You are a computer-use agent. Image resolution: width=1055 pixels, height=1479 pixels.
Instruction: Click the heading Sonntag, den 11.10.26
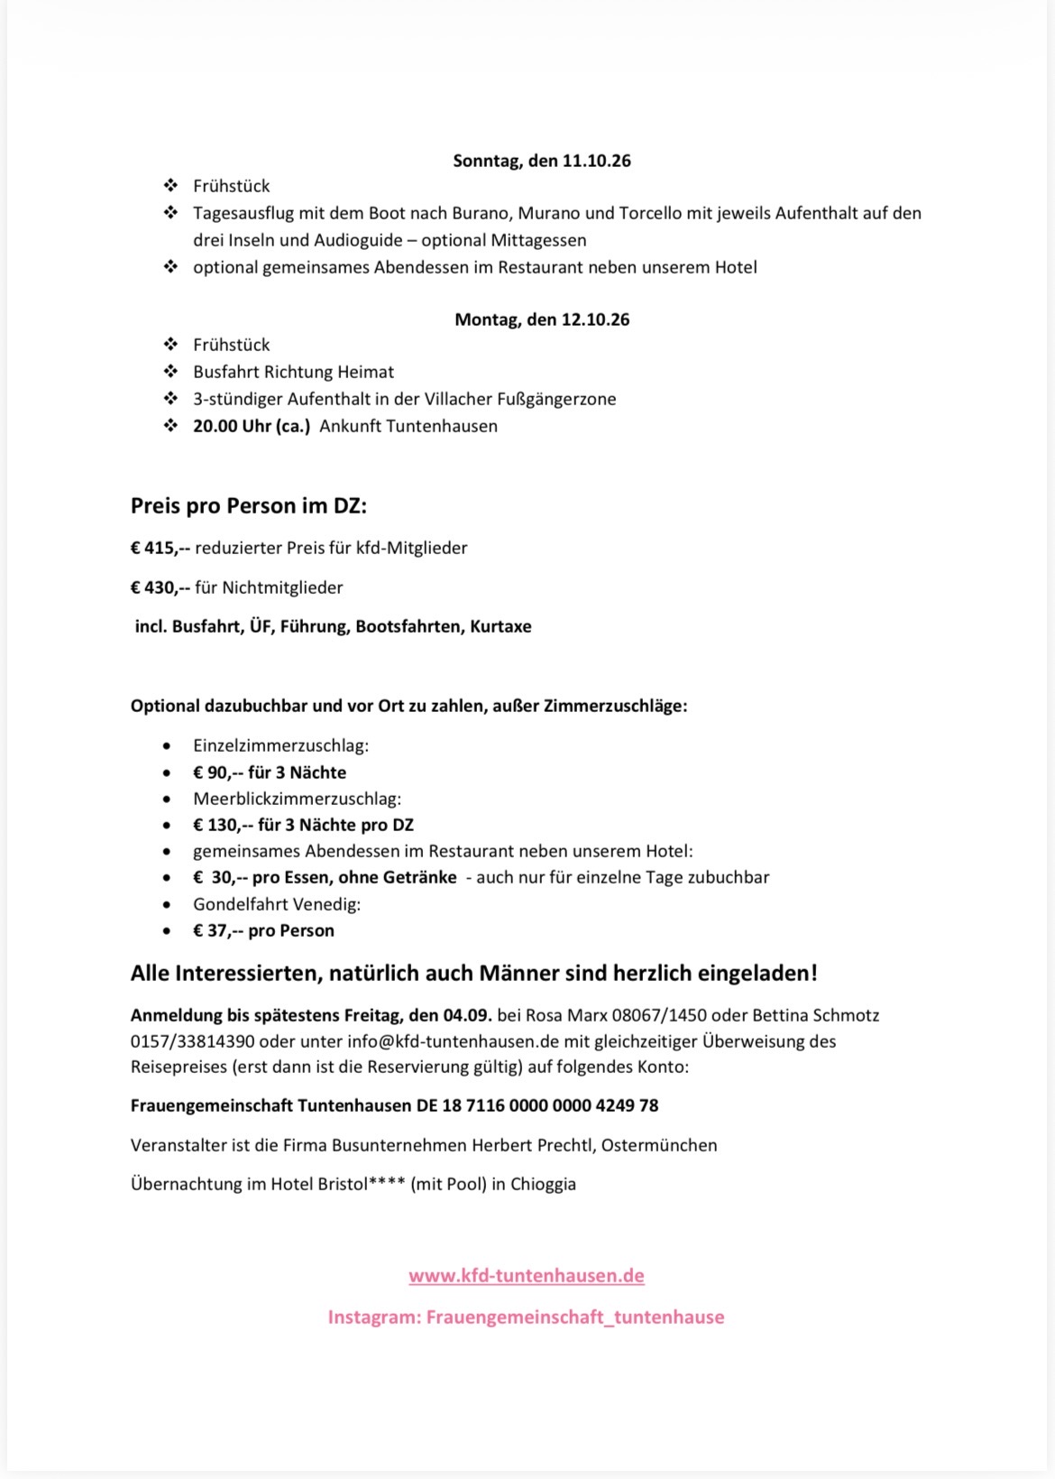click(x=541, y=161)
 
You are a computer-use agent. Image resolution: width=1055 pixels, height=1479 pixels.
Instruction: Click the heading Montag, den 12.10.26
click(x=541, y=319)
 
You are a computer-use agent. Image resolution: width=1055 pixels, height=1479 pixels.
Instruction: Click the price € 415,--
click(x=160, y=548)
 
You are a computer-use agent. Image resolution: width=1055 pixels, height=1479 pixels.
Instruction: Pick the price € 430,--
click(x=160, y=587)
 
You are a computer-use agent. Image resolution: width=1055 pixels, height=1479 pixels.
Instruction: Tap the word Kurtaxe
click(x=500, y=626)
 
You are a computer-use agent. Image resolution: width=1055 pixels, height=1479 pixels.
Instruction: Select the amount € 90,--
click(x=216, y=772)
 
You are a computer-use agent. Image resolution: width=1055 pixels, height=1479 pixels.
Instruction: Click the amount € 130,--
click(x=221, y=825)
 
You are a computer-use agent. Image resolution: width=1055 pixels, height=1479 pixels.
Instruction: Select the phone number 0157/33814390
click(x=192, y=1041)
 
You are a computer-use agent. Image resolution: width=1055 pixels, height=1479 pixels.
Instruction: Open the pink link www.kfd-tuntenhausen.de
click(x=527, y=1276)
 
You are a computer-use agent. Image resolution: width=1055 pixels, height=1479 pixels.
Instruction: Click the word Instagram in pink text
click(x=373, y=1317)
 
